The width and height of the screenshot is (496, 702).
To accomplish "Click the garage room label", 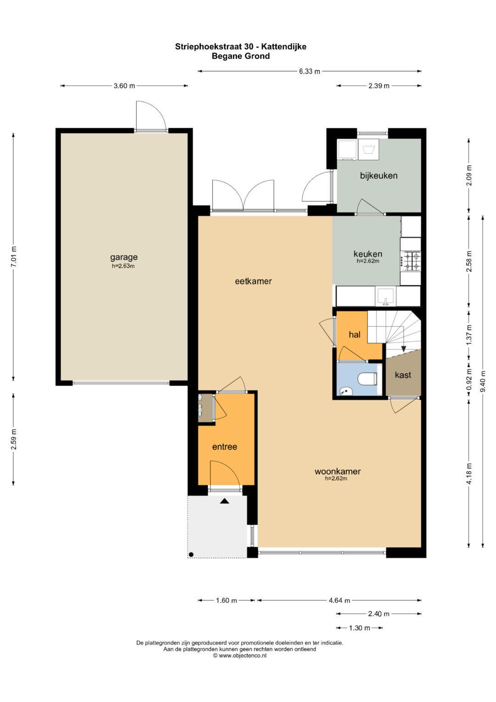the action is coord(124,257).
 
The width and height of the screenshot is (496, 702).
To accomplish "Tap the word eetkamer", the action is coord(253,281).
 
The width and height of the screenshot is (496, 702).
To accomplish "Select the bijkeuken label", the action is coord(378,176).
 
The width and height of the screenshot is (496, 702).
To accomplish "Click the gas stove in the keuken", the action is coord(411,261).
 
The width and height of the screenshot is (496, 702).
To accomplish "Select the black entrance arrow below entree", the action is coord(224,501).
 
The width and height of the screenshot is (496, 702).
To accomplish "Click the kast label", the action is coord(403,375).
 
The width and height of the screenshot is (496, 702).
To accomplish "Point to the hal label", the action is coord(355,335).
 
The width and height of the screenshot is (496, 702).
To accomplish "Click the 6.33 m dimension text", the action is coord(310,71).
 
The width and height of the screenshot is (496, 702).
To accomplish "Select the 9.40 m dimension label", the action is coord(483,381).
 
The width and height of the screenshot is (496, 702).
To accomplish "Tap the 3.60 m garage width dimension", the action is coord(124,86).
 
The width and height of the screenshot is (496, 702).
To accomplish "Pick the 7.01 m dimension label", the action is coord(13,257).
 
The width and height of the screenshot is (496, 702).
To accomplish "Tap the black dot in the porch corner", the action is coord(191,555).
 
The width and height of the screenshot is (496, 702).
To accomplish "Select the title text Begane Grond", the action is coord(241,56).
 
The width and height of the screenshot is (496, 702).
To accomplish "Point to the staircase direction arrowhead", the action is coord(404,348).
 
